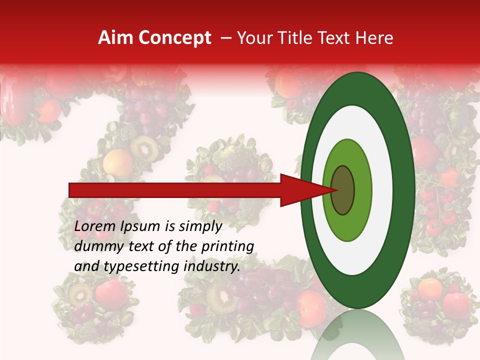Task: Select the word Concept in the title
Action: coord(174,38)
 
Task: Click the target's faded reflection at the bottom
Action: coord(357,335)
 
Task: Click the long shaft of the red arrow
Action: coord(175,190)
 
